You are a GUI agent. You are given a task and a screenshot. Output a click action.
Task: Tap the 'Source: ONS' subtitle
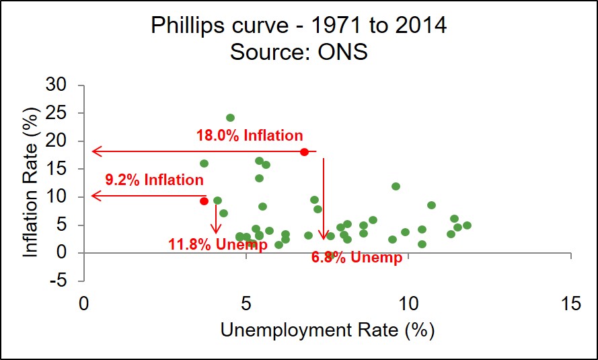point(299,51)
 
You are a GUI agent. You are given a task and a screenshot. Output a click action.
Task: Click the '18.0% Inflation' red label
point(250,135)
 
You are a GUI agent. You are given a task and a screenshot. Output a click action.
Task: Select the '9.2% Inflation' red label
point(154,180)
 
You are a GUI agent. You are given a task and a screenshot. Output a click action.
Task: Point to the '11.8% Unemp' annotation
point(217,244)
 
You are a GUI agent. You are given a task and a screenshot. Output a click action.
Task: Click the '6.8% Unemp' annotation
point(357,257)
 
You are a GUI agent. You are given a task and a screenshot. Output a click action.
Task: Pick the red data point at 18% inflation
point(304,152)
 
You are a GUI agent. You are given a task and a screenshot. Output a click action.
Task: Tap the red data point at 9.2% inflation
point(204,201)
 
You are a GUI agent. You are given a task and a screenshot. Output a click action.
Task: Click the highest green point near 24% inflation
point(230,118)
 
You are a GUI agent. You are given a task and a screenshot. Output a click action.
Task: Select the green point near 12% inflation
point(396,186)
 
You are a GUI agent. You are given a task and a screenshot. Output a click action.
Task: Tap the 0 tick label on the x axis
point(83,303)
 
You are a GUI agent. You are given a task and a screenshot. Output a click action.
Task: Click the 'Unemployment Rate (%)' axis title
point(327,330)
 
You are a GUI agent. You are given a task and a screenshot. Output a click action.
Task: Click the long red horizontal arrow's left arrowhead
point(96,151)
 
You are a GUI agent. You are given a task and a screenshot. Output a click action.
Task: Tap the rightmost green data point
point(467,225)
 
